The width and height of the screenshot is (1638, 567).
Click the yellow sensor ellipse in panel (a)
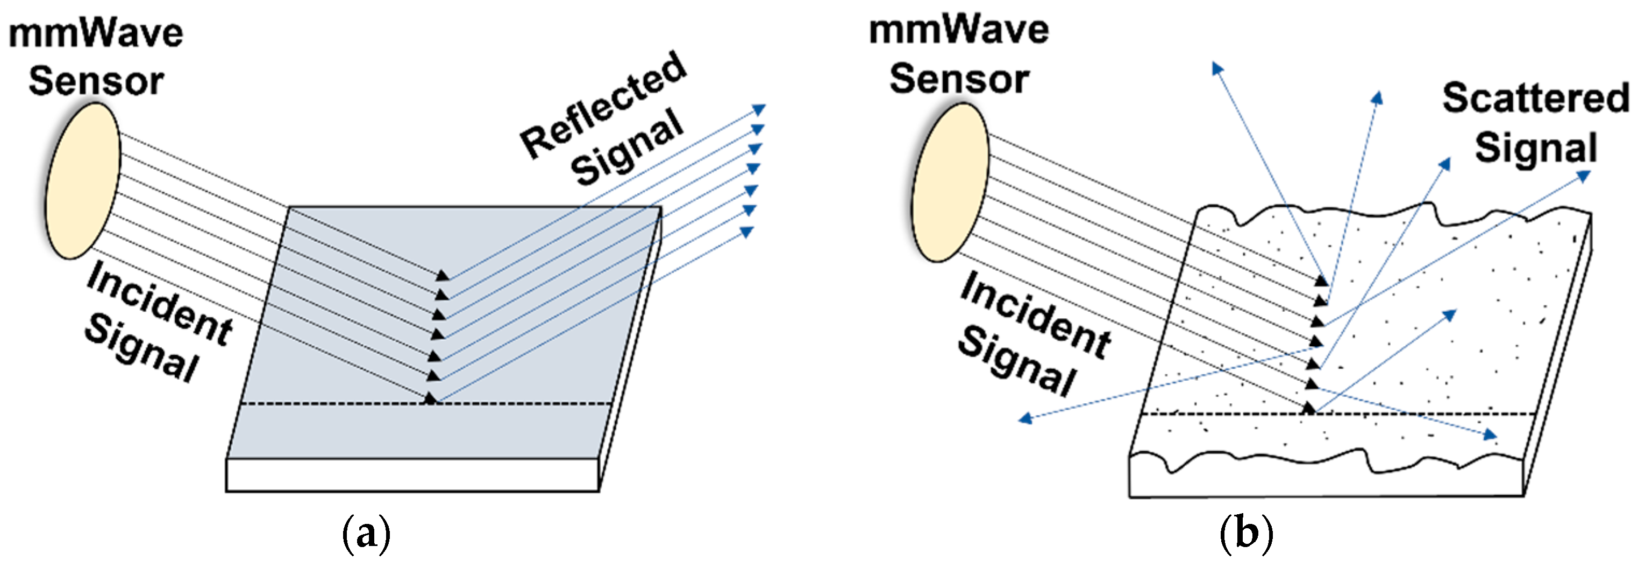(x=83, y=181)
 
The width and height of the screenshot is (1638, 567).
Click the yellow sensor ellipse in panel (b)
(x=950, y=183)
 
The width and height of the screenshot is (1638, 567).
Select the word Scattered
(x=1535, y=99)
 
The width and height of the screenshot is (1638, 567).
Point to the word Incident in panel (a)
(x=159, y=304)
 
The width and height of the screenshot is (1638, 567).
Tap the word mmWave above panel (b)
(x=958, y=31)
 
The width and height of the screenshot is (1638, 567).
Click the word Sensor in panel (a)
(x=96, y=81)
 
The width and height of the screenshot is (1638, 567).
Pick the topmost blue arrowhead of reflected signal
(x=759, y=109)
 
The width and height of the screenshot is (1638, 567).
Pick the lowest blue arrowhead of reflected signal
(x=747, y=232)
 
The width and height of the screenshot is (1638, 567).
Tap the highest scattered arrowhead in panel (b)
(x=1217, y=68)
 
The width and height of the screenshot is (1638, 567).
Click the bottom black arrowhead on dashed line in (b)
(x=1308, y=409)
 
